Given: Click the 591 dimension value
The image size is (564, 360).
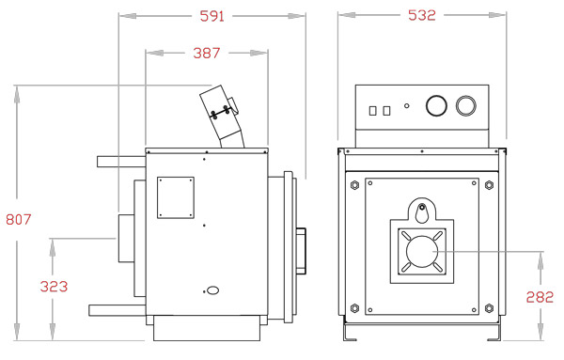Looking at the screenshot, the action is (211, 16).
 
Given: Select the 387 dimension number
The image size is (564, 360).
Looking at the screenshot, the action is (206, 54).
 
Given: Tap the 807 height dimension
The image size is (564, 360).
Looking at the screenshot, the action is (19, 219).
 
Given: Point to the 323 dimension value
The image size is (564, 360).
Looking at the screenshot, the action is (54, 287).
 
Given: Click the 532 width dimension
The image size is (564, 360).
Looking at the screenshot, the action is (422, 15).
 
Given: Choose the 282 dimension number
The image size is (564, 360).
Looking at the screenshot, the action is (540, 297).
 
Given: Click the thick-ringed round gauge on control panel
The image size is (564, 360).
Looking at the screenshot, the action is (436, 105).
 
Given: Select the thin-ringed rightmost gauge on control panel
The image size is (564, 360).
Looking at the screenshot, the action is (466, 105).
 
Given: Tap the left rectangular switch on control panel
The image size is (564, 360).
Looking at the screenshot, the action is (372, 110).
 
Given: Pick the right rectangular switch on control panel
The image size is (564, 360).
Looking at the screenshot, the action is (386, 110).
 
